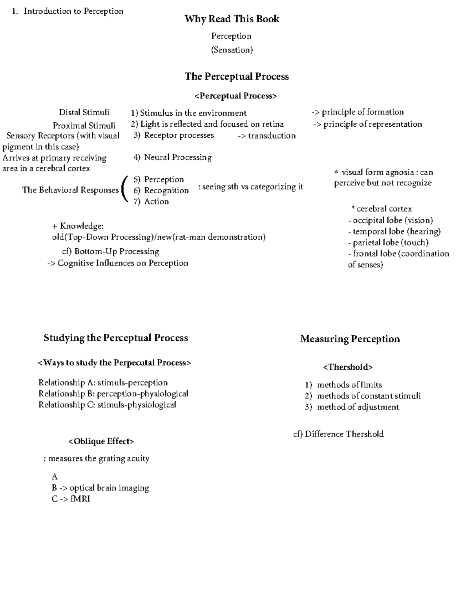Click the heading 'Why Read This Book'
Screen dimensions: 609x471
click(x=232, y=19)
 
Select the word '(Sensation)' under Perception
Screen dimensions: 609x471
click(x=232, y=50)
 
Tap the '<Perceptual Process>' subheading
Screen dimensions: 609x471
click(x=235, y=96)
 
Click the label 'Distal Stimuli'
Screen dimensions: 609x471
click(x=84, y=113)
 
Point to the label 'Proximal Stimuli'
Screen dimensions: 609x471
click(x=84, y=125)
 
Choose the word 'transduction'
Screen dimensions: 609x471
click(x=272, y=136)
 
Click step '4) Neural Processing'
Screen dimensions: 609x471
click(x=172, y=157)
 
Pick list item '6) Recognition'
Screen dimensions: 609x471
click(x=161, y=191)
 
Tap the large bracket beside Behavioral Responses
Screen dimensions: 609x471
click(x=124, y=190)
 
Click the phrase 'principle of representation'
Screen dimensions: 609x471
click(x=372, y=124)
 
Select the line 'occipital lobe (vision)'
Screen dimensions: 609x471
click(x=392, y=220)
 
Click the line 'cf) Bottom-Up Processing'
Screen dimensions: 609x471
click(x=111, y=251)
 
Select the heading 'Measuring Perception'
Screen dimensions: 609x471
click(x=350, y=339)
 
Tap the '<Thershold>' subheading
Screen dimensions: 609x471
click(x=348, y=367)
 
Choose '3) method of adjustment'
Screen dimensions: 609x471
click(x=352, y=407)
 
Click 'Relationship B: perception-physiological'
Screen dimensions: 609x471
click(x=113, y=394)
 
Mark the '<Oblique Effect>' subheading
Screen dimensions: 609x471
click(x=101, y=442)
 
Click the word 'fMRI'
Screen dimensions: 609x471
click(x=80, y=499)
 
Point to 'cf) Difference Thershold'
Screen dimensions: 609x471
click(x=338, y=434)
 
